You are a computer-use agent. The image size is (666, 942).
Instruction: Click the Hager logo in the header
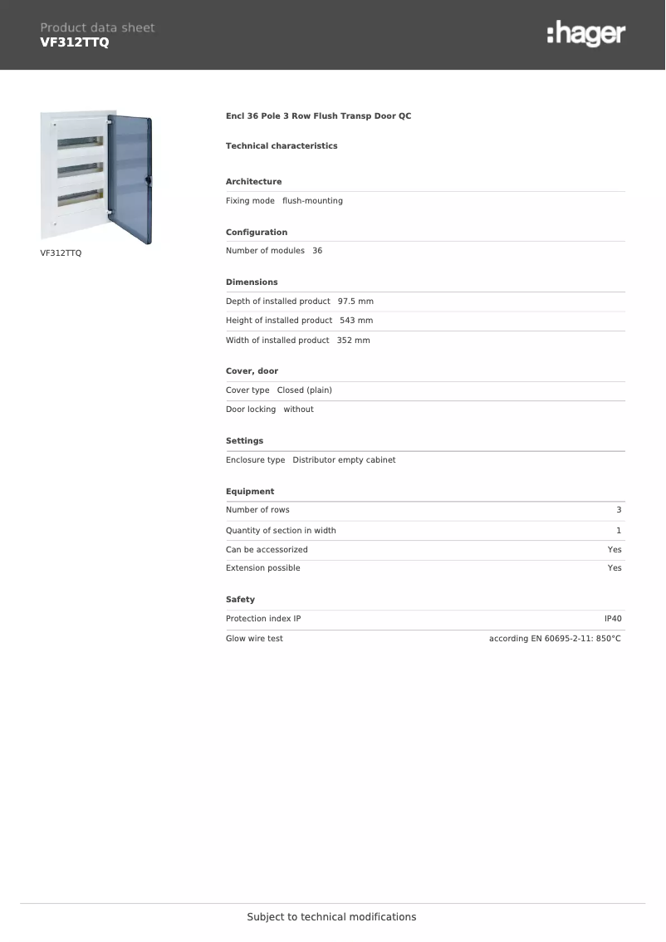(585, 34)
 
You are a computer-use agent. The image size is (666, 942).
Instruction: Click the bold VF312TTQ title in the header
(75, 42)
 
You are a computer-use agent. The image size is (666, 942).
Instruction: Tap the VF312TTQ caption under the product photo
(61, 253)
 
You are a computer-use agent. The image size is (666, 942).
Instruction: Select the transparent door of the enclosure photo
(130, 179)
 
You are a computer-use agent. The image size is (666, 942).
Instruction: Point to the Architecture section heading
(253, 182)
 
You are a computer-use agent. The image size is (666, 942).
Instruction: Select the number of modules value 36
(317, 251)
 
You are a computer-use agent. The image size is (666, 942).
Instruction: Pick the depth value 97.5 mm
(355, 302)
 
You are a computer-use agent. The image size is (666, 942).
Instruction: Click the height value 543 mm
(356, 321)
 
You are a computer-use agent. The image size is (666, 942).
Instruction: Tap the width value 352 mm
(353, 341)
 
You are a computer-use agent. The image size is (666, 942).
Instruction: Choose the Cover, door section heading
(252, 371)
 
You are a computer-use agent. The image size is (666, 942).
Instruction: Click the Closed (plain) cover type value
(304, 390)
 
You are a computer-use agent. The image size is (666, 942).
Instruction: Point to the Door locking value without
(298, 410)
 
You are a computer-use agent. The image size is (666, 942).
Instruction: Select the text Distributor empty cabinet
(344, 460)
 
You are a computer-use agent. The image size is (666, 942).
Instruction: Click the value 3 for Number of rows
(619, 510)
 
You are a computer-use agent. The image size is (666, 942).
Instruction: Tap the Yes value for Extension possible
(615, 568)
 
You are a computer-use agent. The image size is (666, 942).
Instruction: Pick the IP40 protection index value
(613, 619)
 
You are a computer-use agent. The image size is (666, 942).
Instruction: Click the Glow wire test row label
(254, 639)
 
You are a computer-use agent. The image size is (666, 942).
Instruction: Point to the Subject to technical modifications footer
(331, 917)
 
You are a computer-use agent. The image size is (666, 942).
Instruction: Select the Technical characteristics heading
(282, 146)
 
